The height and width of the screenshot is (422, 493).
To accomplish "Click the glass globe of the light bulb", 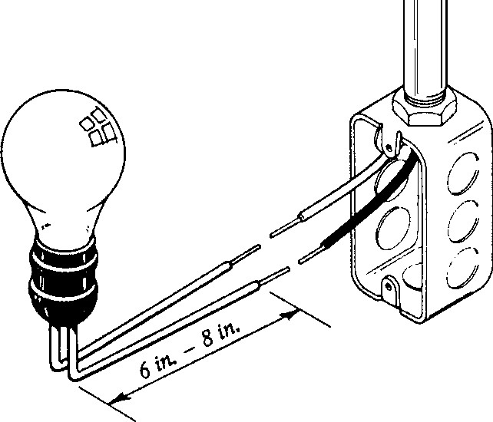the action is [63, 157].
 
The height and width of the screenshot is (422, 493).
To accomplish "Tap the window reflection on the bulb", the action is [98, 128].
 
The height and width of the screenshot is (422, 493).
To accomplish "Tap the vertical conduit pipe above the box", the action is [425, 47].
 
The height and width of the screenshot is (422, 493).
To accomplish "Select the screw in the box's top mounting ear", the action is [389, 147].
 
